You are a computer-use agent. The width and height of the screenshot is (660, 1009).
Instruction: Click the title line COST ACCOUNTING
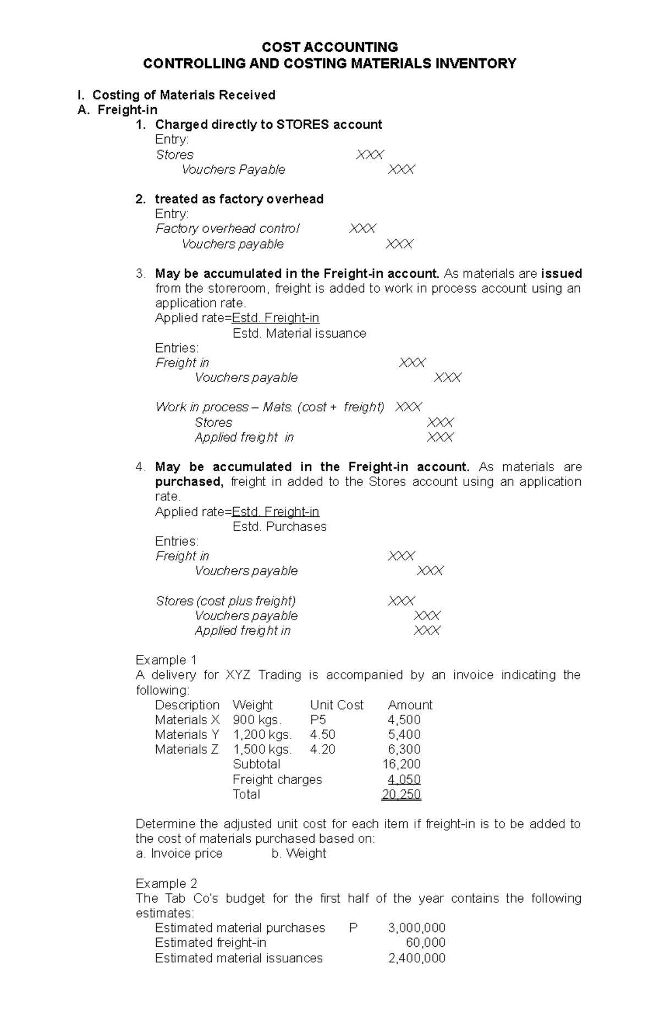pos(329,47)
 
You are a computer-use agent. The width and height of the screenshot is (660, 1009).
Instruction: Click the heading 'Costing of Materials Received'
pos(184,95)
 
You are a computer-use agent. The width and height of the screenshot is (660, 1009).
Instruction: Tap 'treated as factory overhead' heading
pos(239,199)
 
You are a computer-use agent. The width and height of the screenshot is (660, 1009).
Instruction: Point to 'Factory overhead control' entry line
pos(227,229)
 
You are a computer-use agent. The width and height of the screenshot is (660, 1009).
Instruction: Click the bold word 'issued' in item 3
pos(562,274)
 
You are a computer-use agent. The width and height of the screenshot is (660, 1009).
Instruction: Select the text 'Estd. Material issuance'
pos(299,333)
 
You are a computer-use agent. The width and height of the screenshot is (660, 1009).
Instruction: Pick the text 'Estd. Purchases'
pos(279,527)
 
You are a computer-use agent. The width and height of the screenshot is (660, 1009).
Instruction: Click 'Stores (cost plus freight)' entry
pos(226,601)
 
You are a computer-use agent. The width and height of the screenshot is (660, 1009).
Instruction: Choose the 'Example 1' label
pos(166,660)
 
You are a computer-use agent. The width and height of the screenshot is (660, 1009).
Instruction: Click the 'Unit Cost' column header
pos(337,705)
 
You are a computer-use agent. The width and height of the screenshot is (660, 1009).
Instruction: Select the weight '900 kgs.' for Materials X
pos(257,720)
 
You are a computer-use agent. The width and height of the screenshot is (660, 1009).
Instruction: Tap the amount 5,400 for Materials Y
pos(404,735)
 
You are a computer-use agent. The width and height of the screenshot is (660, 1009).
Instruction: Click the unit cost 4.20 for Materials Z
pos(322,749)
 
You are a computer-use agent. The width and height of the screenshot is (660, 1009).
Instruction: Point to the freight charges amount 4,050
pos(404,780)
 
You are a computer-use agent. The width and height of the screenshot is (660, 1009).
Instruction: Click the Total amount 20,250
pos(402,795)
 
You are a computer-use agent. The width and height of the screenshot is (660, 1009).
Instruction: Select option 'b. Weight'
pos(299,853)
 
